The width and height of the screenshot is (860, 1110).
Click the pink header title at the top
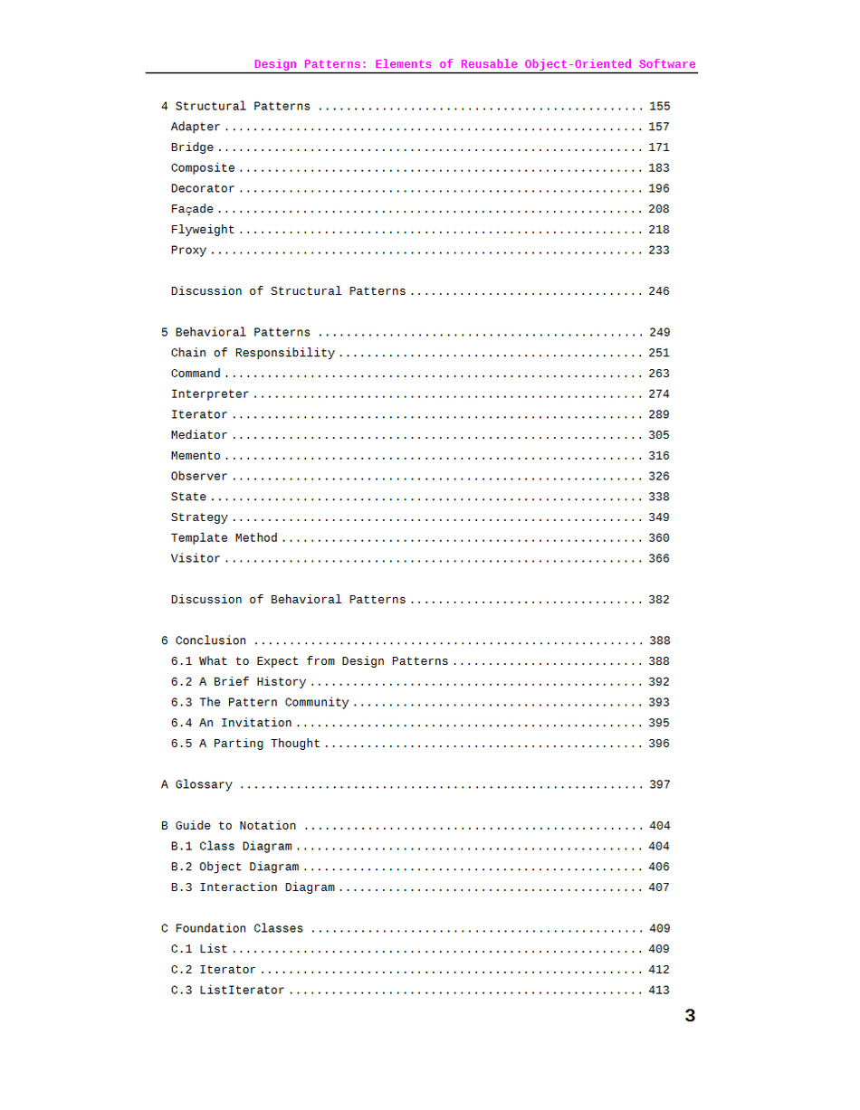tap(474, 64)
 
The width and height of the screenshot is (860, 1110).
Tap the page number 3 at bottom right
tap(690, 1016)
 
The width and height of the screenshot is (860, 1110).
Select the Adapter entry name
tap(196, 128)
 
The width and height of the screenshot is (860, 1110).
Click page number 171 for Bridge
tap(659, 147)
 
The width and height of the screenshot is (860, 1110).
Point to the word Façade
tap(192, 210)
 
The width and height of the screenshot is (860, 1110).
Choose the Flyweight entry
tap(203, 230)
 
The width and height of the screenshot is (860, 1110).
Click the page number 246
tap(659, 291)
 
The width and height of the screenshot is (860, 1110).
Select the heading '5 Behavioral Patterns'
tap(235, 333)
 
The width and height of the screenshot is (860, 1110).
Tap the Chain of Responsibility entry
tap(253, 353)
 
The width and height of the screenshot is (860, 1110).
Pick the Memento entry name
tap(196, 456)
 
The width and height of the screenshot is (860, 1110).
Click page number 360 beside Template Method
tap(659, 538)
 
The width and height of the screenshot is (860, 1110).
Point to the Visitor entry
tap(196, 559)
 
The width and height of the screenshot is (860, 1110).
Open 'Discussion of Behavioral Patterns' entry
tap(288, 600)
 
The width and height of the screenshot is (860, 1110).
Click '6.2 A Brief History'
tap(238, 682)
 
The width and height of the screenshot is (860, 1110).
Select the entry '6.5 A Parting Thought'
tap(245, 744)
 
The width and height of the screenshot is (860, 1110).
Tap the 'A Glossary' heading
tap(196, 785)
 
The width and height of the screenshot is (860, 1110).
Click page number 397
tap(659, 785)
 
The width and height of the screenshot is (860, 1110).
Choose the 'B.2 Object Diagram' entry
tap(234, 867)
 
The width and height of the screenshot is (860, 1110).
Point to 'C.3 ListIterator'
tap(227, 991)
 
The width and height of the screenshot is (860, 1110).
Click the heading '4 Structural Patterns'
tap(235, 107)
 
